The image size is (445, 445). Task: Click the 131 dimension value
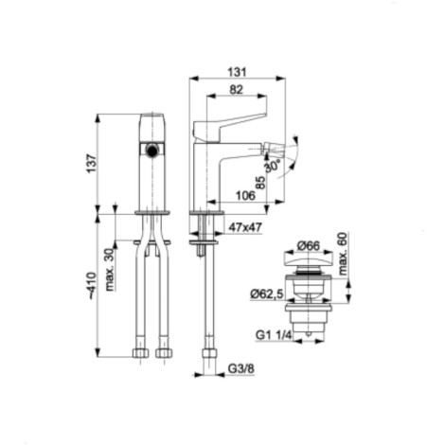tap(237, 72)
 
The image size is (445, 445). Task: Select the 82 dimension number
tap(236, 90)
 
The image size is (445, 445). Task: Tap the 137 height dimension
tap(92, 164)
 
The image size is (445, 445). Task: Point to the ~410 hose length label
tap(92, 285)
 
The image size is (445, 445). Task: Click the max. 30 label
tap(109, 270)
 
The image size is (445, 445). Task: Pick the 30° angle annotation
tap(273, 166)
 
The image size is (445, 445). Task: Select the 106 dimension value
tap(245, 196)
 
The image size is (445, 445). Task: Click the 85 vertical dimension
tap(260, 183)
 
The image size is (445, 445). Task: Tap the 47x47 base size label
tap(245, 227)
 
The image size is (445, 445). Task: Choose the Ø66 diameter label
tap(309, 245)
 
